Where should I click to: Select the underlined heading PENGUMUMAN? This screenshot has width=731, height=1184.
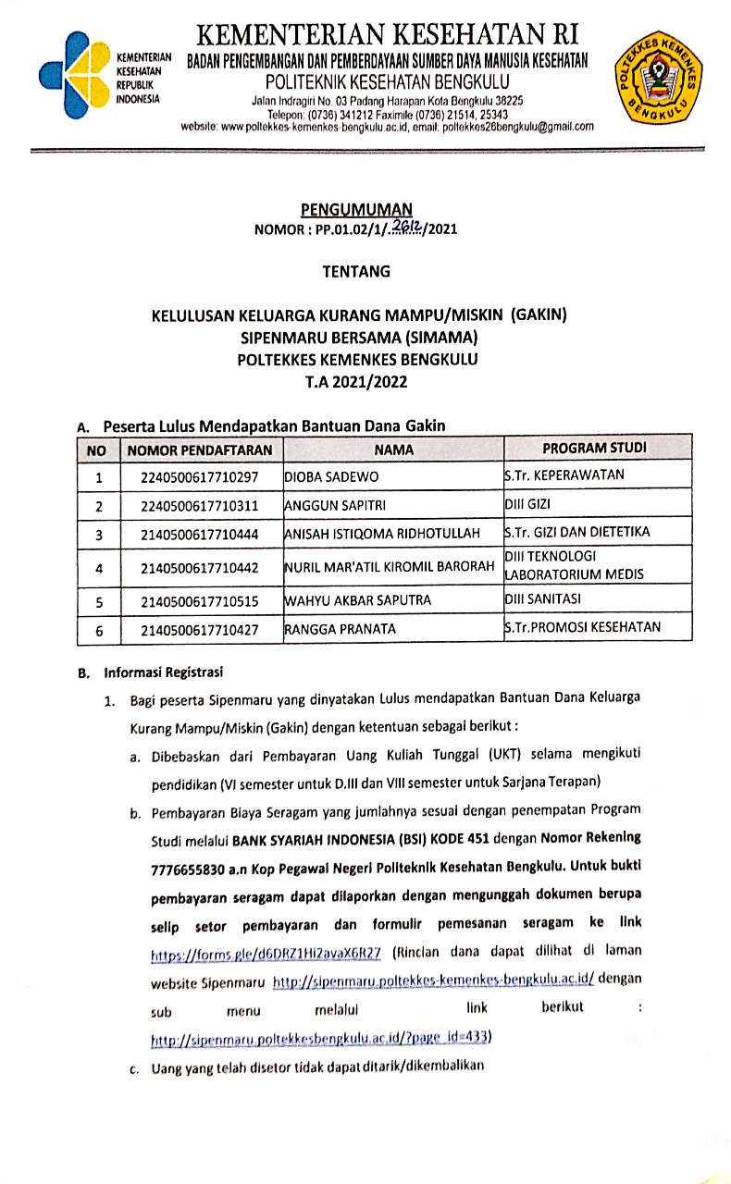356,209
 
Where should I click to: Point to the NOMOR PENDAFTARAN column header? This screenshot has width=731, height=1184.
200,450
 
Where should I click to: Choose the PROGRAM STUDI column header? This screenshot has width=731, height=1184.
594,449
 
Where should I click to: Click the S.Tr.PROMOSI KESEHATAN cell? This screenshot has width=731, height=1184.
582,627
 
